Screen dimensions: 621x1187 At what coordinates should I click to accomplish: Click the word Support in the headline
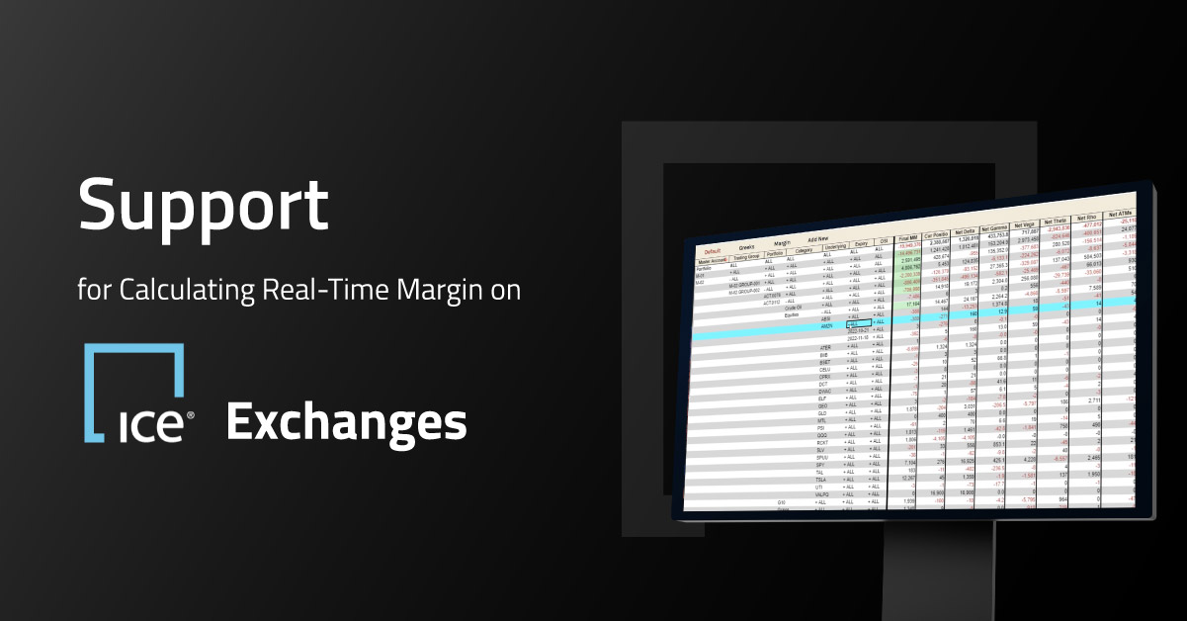203,207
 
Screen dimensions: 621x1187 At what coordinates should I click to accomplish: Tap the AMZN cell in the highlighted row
827,325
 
